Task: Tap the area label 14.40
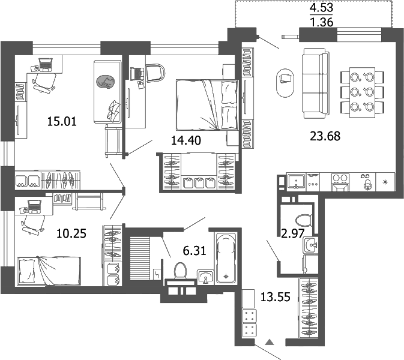point(185,140)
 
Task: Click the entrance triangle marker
point(270,342)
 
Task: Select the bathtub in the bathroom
point(225,258)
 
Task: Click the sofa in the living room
point(315,84)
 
